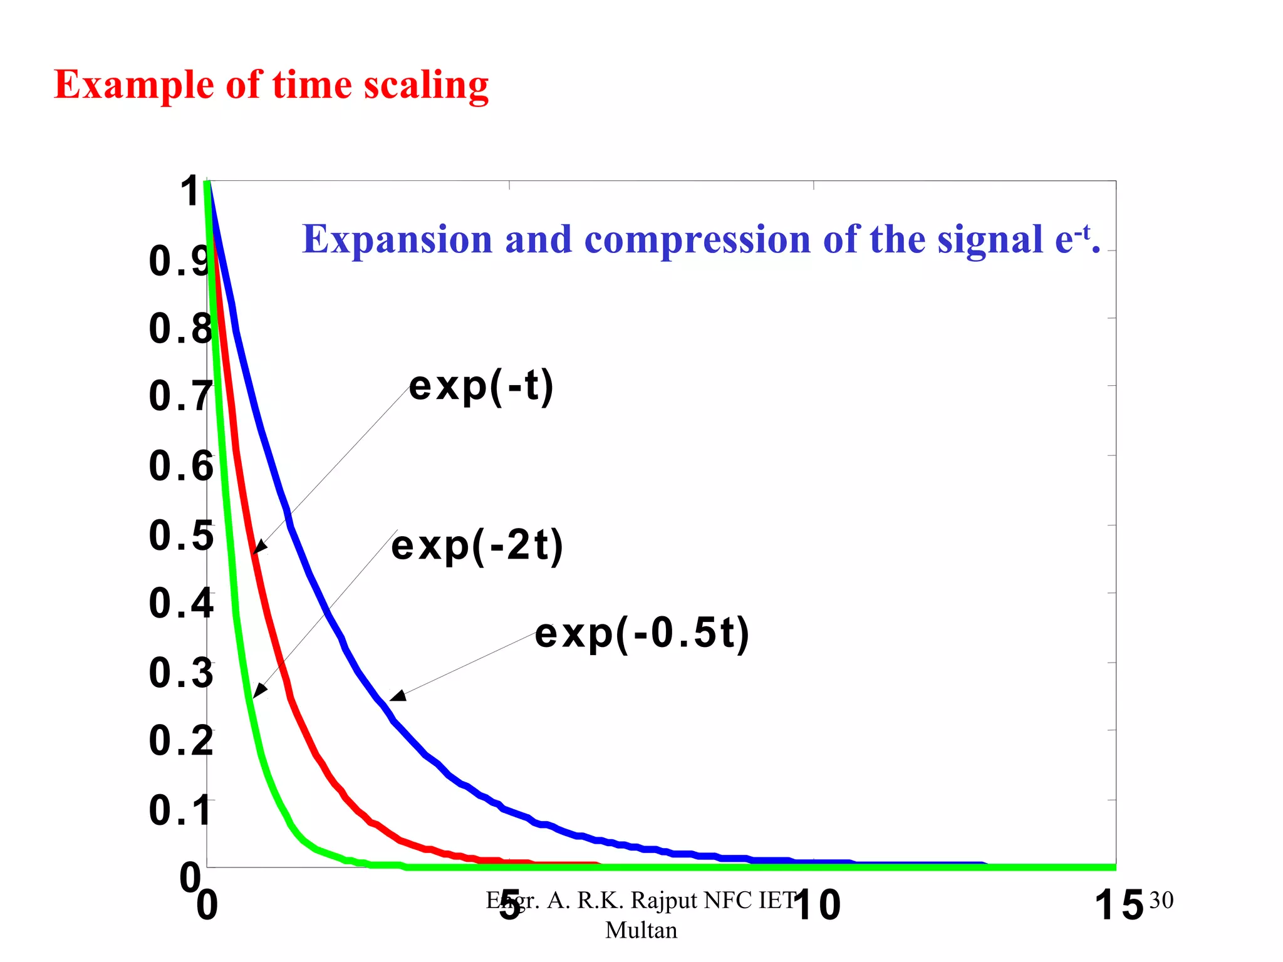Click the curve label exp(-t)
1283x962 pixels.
[481, 386]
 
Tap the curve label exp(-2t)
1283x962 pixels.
[477, 546]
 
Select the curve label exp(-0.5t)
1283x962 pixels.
[642, 633]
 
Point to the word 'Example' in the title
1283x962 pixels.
[134, 86]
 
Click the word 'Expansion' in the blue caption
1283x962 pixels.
[397, 240]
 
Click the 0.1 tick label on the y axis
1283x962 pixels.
[180, 810]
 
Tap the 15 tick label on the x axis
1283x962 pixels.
[1119, 906]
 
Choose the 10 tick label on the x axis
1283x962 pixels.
[816, 906]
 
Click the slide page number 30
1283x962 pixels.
[1161, 900]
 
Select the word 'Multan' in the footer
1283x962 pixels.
[641, 930]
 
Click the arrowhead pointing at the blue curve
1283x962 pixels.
[397, 696]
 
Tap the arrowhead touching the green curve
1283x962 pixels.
[258, 692]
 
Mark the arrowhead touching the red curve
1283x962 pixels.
[259, 547]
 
